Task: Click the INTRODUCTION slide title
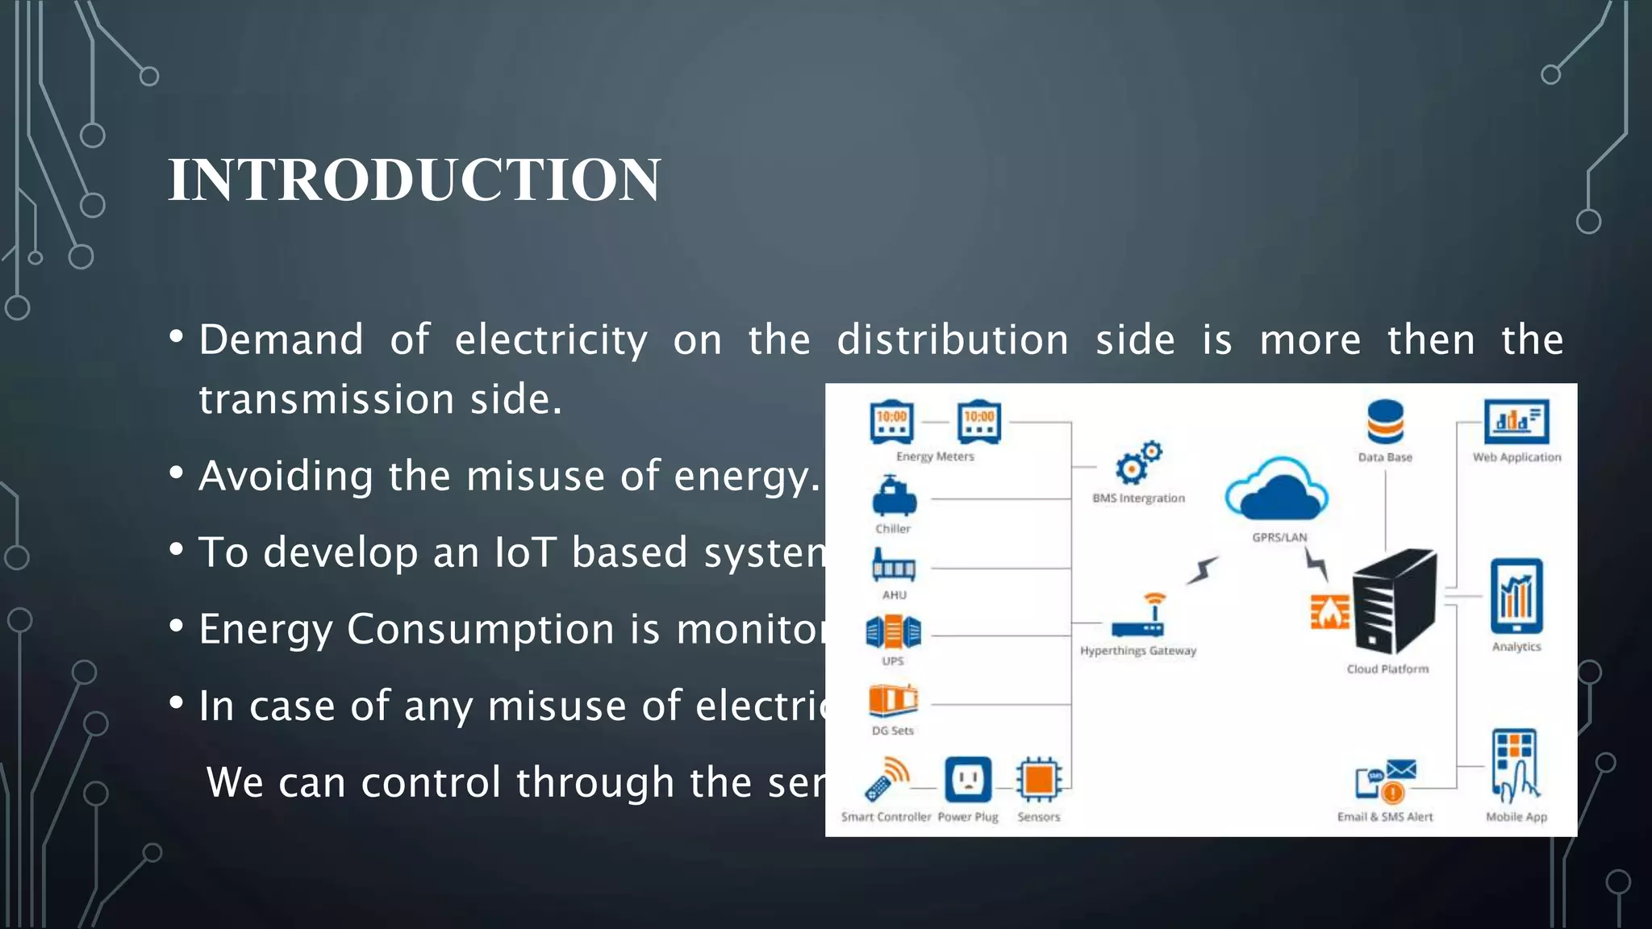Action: pyautogui.click(x=414, y=179)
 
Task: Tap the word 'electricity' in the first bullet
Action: pyautogui.click(x=551, y=340)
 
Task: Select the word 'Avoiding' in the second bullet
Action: pyautogui.click(x=286, y=476)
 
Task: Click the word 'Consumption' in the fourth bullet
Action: pyautogui.click(x=481, y=629)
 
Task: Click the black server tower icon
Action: pyautogui.click(x=1394, y=601)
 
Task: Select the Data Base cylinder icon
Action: pyautogui.click(x=1385, y=422)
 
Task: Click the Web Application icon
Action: pyautogui.click(x=1516, y=422)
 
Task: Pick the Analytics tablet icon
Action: pyautogui.click(x=1516, y=597)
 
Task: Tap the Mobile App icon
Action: pyautogui.click(x=1515, y=766)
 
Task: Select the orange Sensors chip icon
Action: pyautogui.click(x=1038, y=780)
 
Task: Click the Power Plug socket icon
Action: pyautogui.click(x=967, y=779)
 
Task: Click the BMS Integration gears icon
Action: pyautogui.click(x=1138, y=463)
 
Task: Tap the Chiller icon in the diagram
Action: pyautogui.click(x=894, y=497)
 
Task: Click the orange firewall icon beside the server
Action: pyautogui.click(x=1329, y=612)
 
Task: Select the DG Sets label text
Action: pyautogui.click(x=892, y=731)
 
